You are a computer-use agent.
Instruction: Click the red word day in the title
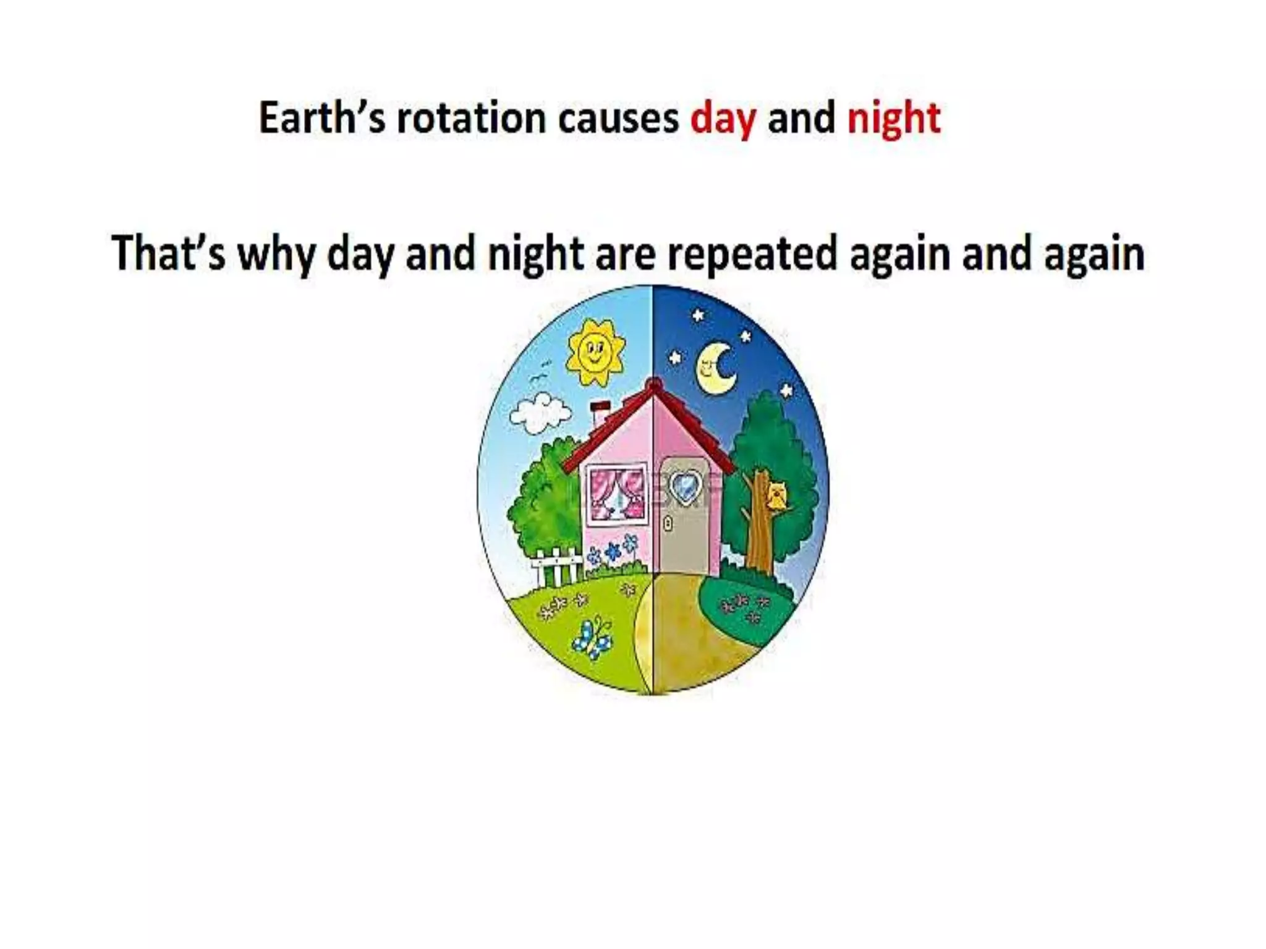click(722, 119)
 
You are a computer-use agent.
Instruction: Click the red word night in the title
click(893, 119)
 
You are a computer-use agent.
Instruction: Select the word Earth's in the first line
click(321, 118)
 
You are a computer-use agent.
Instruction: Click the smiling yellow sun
click(595, 353)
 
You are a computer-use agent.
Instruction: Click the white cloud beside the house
click(539, 415)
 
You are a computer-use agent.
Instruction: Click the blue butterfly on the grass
click(592, 638)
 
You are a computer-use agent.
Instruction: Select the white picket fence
click(556, 565)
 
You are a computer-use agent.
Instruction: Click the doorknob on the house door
click(668, 524)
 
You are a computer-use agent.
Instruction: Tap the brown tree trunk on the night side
click(758, 531)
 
